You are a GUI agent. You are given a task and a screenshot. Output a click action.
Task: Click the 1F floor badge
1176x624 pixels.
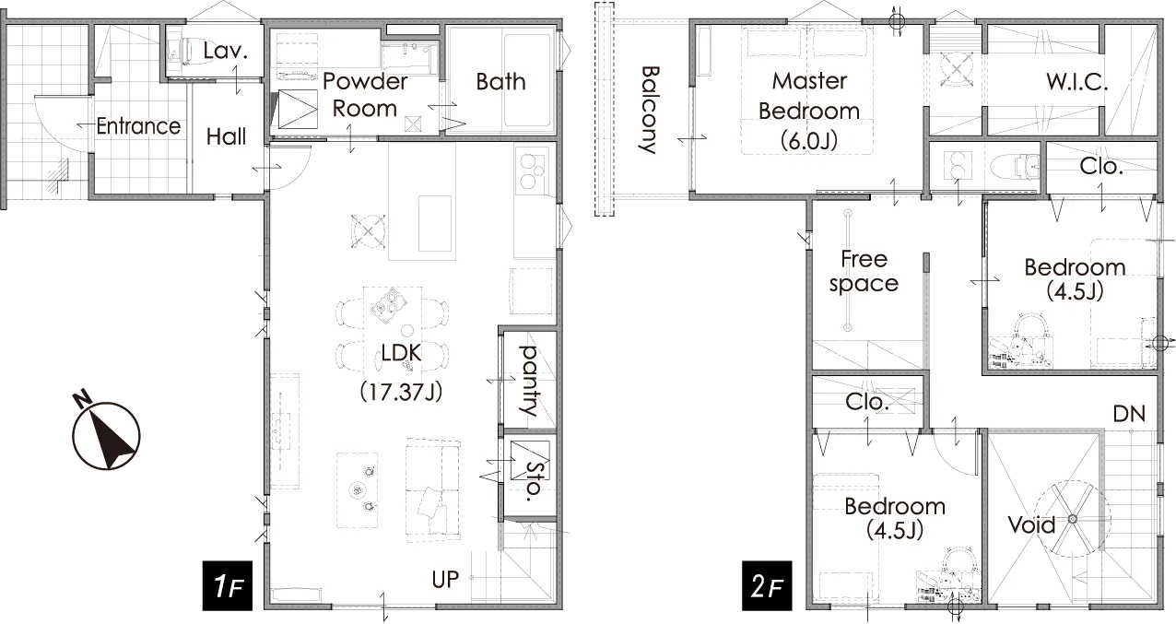tap(228, 585)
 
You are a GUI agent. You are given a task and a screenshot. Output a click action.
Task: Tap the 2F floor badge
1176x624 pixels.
tap(767, 585)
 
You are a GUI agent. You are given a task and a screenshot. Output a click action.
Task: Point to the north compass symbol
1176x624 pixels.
tap(106, 431)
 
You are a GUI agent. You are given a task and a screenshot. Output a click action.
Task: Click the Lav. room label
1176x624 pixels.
tap(225, 52)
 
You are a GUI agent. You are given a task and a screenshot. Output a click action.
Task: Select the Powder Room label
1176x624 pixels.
tap(365, 95)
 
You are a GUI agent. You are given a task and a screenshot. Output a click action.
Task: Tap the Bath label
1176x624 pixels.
tap(500, 82)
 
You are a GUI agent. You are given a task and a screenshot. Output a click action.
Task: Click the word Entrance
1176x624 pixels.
tap(138, 126)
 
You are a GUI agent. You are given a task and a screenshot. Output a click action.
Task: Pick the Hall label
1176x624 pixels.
tap(227, 137)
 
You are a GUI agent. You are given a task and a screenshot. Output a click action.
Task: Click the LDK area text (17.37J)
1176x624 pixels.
tap(401, 392)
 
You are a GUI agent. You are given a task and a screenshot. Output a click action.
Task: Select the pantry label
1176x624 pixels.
tap(530, 381)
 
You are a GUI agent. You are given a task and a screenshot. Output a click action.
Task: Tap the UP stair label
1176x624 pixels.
tap(445, 580)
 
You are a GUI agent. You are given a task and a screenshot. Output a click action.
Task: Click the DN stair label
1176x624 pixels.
tap(1129, 415)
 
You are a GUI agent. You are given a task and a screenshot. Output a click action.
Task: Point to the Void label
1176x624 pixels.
tap(1031, 524)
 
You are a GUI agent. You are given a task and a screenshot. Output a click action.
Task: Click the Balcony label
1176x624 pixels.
tap(651, 110)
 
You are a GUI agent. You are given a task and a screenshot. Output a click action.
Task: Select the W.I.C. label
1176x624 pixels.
tap(1076, 82)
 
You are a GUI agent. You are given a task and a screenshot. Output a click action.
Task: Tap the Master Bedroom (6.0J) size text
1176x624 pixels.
tap(808, 141)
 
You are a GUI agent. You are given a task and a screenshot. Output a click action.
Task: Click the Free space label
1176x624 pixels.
tap(864, 271)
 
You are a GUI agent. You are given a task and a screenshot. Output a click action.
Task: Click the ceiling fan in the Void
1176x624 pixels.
tap(1073, 520)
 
